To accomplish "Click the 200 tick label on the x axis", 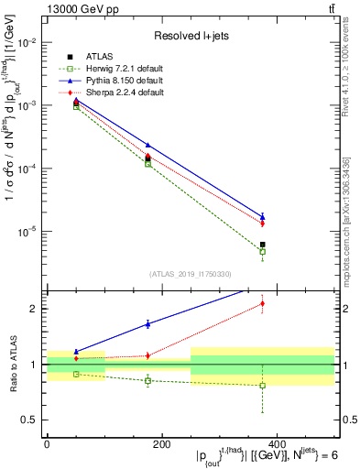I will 161,444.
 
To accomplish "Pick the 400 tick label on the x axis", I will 277,444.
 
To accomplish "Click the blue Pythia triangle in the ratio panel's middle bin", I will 147,323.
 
